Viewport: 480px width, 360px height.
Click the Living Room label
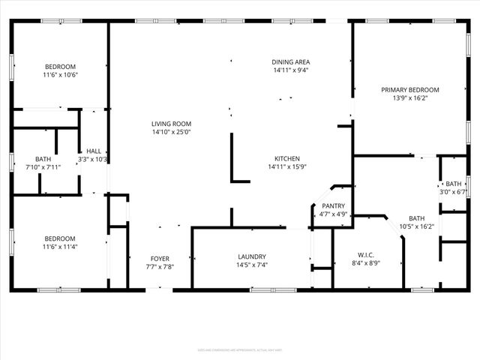[x=171, y=124]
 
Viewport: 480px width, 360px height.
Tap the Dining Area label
[x=291, y=62]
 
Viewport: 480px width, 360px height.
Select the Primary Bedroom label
[x=409, y=90]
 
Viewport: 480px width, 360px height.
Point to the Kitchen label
[x=287, y=159]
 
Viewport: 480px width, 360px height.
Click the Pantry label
[x=333, y=206]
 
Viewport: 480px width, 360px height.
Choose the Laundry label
[x=253, y=256]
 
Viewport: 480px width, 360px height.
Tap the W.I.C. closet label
[x=367, y=255]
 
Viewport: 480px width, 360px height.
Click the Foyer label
[x=160, y=258]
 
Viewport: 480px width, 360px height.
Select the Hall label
[x=94, y=151]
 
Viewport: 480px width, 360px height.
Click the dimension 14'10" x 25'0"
[x=171, y=133]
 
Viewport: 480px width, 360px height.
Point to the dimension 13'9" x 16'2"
[x=409, y=98]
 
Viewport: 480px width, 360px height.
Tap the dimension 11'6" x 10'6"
[x=60, y=75]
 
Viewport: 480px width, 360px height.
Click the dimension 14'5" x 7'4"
[x=253, y=265]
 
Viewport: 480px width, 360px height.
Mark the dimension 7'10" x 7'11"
[x=43, y=167]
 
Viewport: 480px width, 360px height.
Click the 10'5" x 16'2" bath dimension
[x=416, y=226]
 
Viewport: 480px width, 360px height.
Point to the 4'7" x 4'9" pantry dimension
[x=333, y=214]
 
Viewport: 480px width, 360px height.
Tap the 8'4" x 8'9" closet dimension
[x=367, y=263]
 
